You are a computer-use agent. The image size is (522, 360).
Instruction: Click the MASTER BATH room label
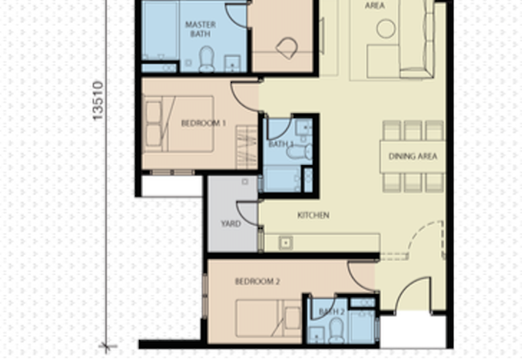click(200, 29)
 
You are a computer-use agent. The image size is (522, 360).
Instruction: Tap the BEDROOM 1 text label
click(204, 123)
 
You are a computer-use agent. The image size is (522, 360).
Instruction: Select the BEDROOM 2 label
click(257, 282)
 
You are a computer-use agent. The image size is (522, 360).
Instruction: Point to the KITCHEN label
click(313, 215)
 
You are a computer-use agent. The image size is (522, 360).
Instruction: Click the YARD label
click(231, 224)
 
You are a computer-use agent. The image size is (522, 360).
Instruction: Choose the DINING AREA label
click(413, 157)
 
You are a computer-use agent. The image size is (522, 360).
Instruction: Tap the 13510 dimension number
click(98, 100)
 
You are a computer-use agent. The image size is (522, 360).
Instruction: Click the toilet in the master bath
click(207, 59)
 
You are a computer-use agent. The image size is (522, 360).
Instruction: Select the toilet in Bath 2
click(336, 331)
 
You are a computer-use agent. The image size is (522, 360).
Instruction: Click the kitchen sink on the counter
click(286, 243)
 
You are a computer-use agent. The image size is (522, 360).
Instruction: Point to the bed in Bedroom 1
click(178, 124)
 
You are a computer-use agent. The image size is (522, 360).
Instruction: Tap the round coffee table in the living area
click(386, 29)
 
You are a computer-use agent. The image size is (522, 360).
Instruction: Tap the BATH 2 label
click(331, 312)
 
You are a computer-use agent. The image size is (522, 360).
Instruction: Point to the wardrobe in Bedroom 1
click(247, 147)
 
